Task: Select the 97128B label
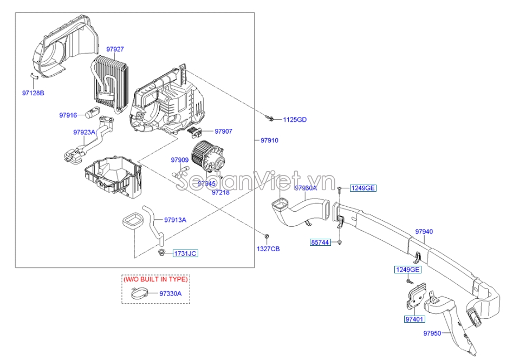click(x=33, y=93)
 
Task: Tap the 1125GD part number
click(x=295, y=120)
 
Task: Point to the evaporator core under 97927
click(x=113, y=81)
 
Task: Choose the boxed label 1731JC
click(x=186, y=253)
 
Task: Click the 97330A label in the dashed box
click(x=170, y=293)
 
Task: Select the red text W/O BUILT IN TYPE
click(x=155, y=280)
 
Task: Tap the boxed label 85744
click(x=320, y=242)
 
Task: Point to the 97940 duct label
click(x=424, y=232)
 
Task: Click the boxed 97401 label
click(x=414, y=319)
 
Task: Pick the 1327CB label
click(x=268, y=248)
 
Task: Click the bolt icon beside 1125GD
click(x=270, y=117)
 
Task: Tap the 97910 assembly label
click(x=269, y=140)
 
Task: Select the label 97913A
click(x=175, y=220)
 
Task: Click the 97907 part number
click(x=223, y=131)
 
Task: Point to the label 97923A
click(x=84, y=132)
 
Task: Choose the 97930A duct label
click(x=306, y=188)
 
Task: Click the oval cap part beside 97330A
click(x=141, y=294)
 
